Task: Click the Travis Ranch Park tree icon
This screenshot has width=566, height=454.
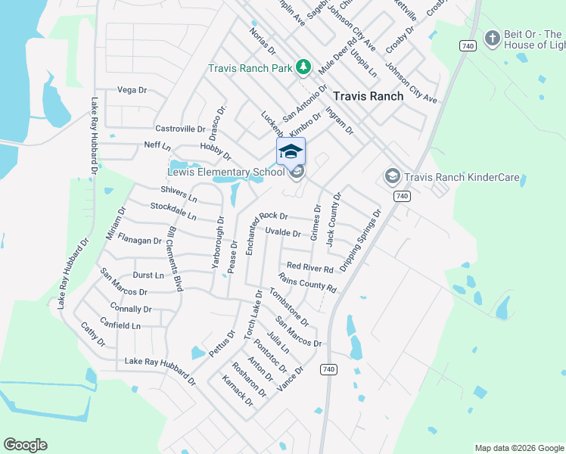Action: click(303, 68)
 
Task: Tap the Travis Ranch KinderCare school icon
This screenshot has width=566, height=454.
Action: click(392, 177)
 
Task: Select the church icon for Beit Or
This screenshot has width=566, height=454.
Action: click(492, 39)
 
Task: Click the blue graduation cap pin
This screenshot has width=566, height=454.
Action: click(291, 152)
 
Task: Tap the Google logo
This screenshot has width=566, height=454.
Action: click(25, 445)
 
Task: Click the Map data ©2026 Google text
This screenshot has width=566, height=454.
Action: click(518, 448)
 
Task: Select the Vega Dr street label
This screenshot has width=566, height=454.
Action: click(132, 90)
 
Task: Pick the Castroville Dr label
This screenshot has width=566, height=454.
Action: click(180, 129)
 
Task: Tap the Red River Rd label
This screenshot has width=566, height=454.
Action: click(310, 269)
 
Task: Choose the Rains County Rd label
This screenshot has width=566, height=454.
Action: click(307, 283)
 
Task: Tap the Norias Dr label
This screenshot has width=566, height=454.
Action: click(262, 41)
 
